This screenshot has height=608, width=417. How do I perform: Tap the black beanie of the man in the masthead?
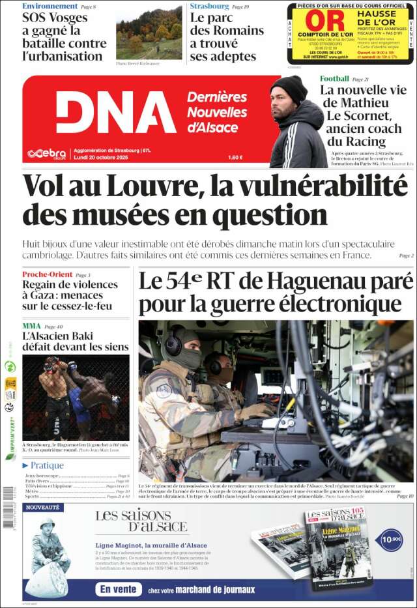click(x=289, y=87)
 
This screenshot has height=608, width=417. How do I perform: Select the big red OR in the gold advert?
click(x=324, y=21)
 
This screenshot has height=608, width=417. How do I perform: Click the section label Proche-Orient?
click(x=47, y=274)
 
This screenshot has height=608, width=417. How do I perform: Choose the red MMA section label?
click(x=31, y=326)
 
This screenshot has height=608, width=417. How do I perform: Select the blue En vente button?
click(x=119, y=589)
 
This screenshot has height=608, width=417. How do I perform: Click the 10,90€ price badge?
click(x=391, y=539)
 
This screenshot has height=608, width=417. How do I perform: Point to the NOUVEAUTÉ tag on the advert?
click(x=43, y=507)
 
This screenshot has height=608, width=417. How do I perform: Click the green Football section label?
click(x=334, y=79)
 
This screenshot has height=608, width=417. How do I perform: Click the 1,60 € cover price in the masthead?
click(x=235, y=157)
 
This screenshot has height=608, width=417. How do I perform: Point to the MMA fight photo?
click(x=76, y=398)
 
